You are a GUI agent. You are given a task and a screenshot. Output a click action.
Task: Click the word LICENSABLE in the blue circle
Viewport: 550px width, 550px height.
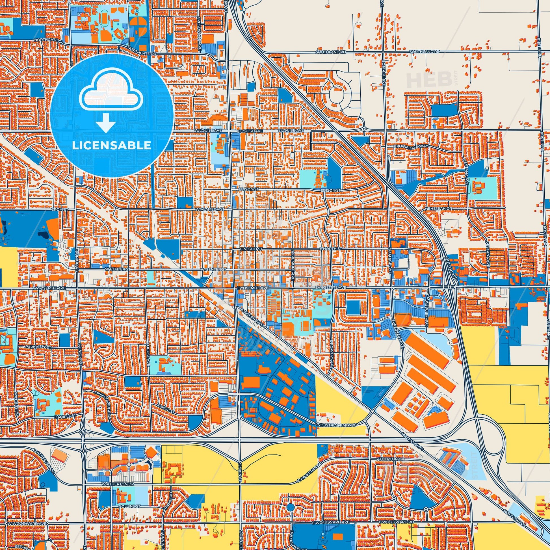click(x=111, y=145)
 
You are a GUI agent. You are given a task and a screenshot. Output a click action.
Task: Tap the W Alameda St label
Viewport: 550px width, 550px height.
click(x=210, y=209)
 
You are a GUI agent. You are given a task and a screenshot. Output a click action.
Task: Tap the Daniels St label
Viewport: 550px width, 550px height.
click(x=65, y=416)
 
